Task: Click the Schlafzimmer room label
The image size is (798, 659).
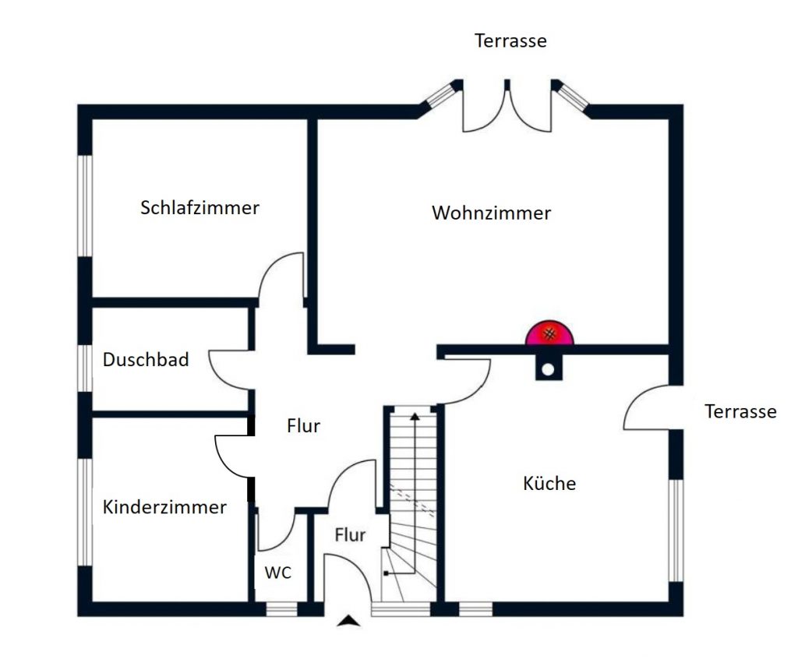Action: point(199,208)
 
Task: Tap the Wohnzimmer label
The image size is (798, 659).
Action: point(491,213)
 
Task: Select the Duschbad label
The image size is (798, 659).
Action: point(146,360)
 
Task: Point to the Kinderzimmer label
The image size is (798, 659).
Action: point(164,507)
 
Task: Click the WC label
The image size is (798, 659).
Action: point(277,573)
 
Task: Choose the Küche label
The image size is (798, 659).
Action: point(549,484)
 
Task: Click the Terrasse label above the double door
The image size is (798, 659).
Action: point(510,41)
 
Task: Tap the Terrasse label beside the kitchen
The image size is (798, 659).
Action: point(740,411)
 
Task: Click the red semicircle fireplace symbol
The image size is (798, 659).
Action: point(550,334)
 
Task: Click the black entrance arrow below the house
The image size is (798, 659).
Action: point(350,621)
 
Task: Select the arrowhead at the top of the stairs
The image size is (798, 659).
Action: point(415,418)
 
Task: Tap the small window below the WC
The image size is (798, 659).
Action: point(282,609)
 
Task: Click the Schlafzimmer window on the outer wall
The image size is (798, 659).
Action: point(85,205)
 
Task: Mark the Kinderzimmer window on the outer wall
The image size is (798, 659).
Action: point(85,512)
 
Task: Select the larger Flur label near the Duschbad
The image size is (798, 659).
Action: point(303,426)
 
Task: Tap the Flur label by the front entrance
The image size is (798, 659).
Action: point(350,535)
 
